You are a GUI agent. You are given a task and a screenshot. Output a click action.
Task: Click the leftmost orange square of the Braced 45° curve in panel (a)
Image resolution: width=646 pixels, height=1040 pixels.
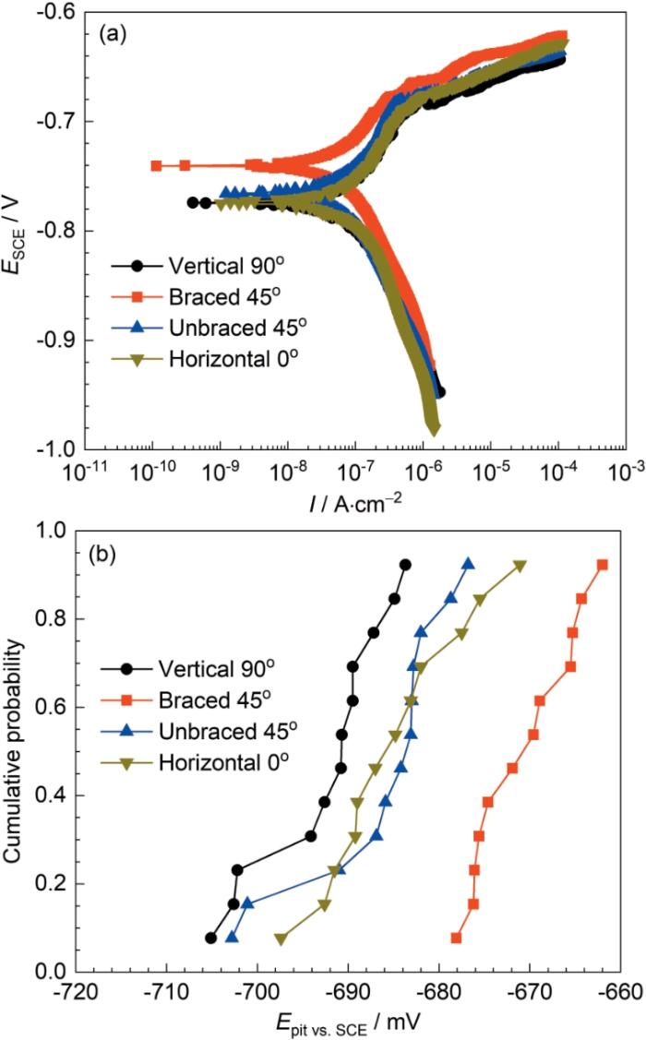(156, 166)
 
